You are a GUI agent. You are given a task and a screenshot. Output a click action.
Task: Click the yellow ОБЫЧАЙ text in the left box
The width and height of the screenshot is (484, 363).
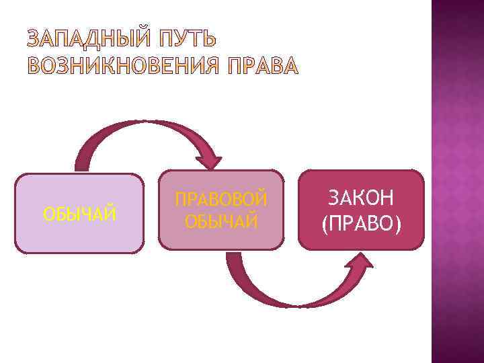pyautogui.click(x=79, y=214)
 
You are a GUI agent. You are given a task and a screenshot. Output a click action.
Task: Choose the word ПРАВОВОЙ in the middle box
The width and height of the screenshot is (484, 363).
pyautogui.click(x=221, y=200)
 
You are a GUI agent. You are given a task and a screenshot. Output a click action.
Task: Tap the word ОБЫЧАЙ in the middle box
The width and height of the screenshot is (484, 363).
pyautogui.click(x=221, y=220)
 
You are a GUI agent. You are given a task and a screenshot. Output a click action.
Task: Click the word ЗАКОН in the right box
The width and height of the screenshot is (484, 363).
pyautogui.click(x=362, y=198)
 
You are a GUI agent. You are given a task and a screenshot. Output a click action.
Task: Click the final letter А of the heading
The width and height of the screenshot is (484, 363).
pyautogui.click(x=287, y=66)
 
